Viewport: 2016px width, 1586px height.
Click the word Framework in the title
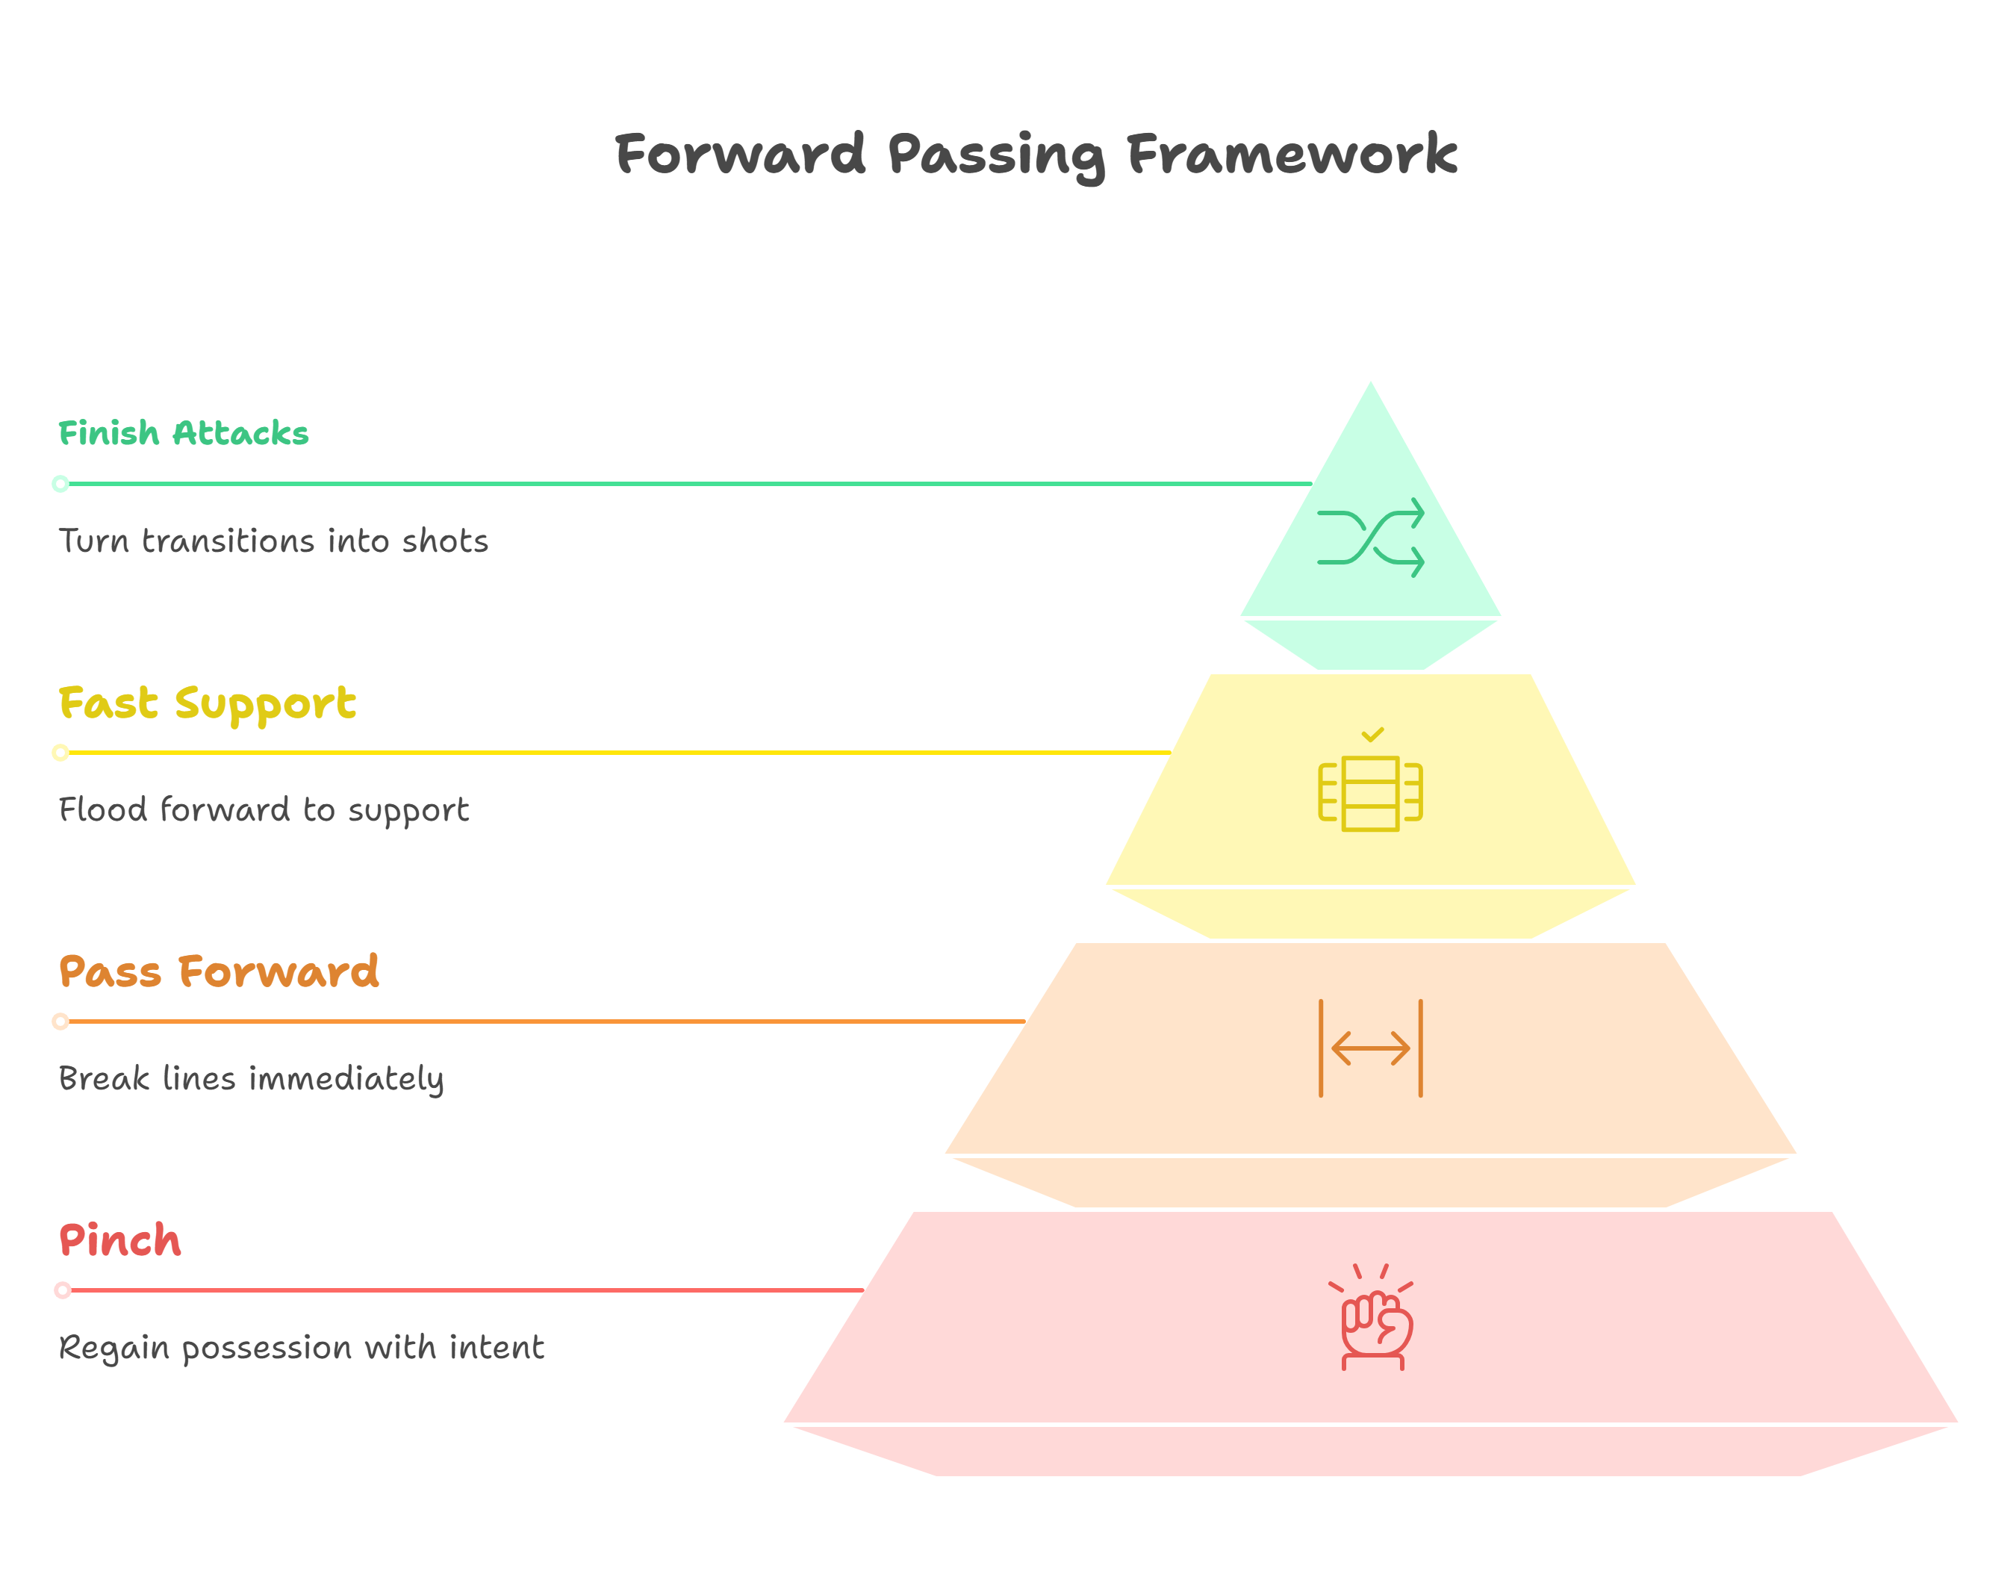pos(1291,154)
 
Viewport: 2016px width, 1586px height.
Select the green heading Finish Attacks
pos(183,434)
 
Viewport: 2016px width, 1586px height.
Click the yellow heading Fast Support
pos(206,703)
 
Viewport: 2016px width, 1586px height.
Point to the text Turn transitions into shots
pos(273,541)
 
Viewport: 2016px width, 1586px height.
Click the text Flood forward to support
pos(264,809)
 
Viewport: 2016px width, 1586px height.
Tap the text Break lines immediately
pos(251,1079)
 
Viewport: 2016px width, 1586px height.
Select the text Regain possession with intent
pos(301,1347)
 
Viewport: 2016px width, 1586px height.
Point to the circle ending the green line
pos(60,484)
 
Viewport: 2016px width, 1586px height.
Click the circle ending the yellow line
pos(60,752)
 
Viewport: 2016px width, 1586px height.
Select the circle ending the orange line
pos(60,1021)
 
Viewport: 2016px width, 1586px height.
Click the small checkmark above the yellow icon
pos(1372,735)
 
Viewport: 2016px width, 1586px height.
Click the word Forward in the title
pos(740,154)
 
